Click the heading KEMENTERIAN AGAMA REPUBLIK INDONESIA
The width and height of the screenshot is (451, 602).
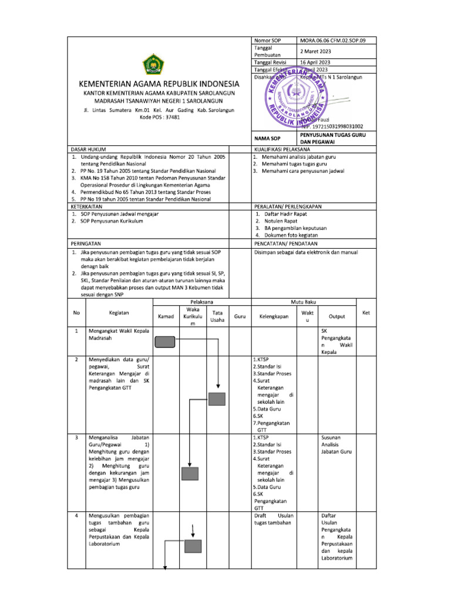(x=156, y=84)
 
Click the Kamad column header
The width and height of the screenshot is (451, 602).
(x=166, y=316)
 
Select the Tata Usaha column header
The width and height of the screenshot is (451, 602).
(x=217, y=316)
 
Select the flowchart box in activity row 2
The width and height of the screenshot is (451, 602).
(x=218, y=400)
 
